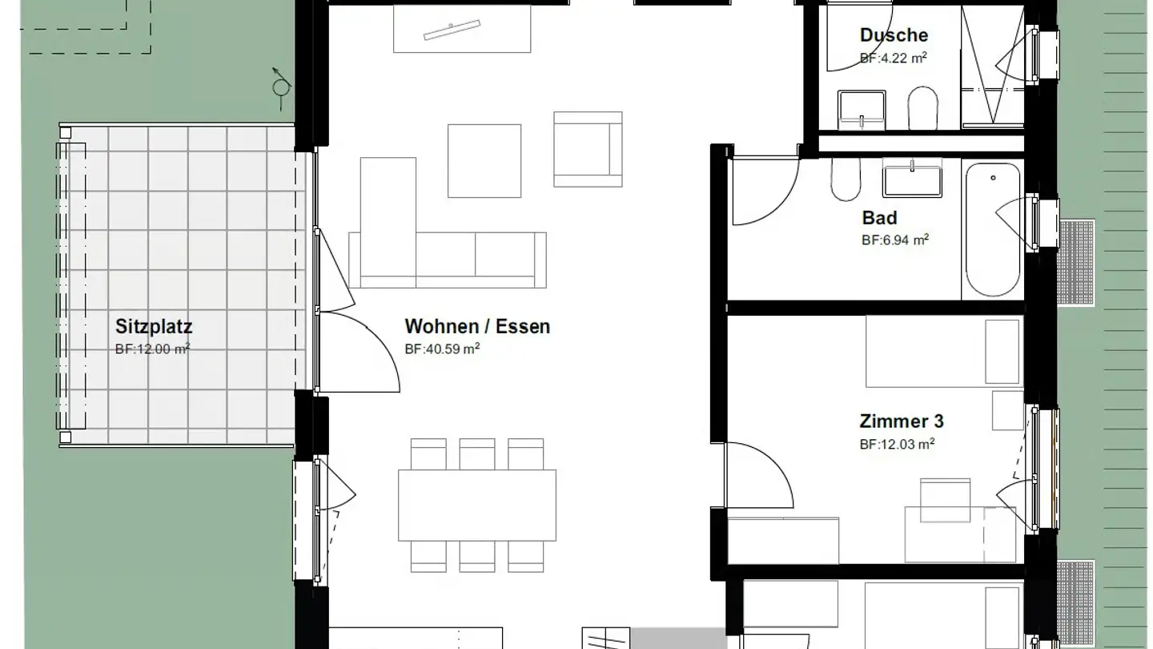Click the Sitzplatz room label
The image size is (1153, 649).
154,327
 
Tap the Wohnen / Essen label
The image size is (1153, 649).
477,327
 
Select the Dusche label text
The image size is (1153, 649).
894,35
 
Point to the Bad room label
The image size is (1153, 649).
879,218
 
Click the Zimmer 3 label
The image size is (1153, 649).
902,421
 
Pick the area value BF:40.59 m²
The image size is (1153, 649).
442,349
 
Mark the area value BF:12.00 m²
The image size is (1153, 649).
153,349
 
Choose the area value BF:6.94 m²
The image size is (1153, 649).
895,240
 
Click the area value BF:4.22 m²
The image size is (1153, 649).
893,58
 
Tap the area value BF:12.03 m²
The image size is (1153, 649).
897,444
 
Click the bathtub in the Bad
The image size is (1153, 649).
992,230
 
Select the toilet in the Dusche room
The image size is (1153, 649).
922,108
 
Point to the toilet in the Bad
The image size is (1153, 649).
846,179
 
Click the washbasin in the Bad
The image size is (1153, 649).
912,178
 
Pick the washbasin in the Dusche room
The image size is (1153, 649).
862,111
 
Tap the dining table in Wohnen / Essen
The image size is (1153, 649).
477,506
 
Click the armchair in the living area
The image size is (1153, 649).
588,149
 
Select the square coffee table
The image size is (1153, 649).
484,161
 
